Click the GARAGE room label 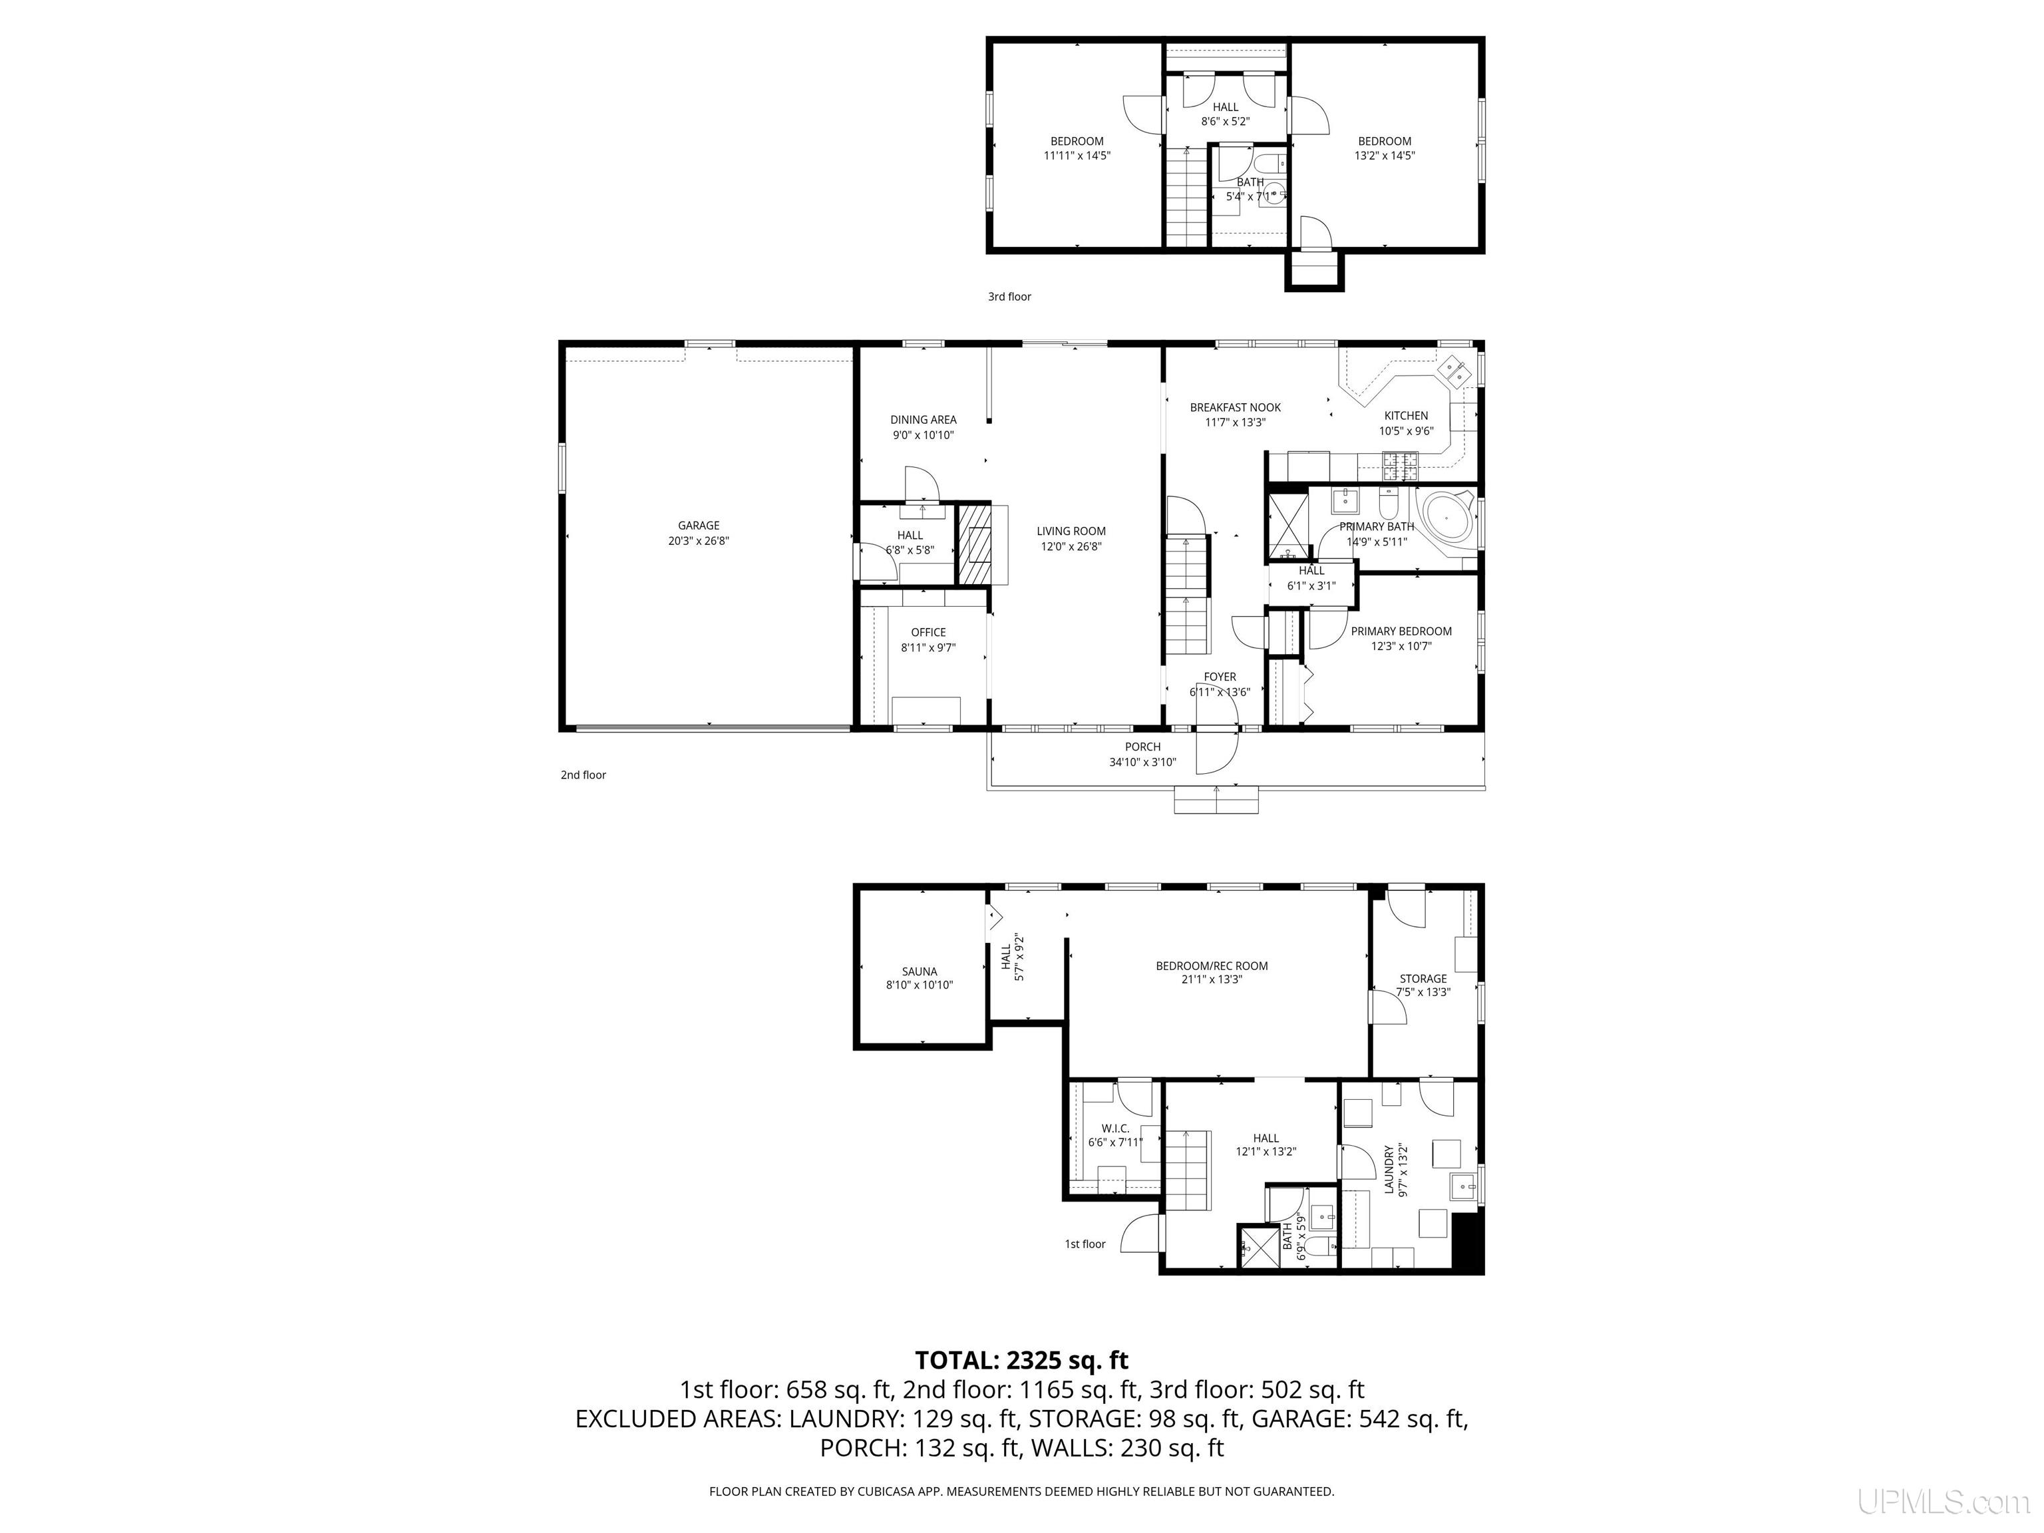[x=698, y=526]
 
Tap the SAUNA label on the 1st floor [x=920, y=971]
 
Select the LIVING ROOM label [x=1071, y=532]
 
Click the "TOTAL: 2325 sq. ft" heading [x=1021, y=1360]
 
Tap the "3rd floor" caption [x=1009, y=297]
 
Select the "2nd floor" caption [x=583, y=775]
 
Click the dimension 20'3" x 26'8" [x=699, y=540]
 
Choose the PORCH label [x=1143, y=747]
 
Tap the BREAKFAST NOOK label [x=1236, y=407]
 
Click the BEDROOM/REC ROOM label [x=1212, y=965]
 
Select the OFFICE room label [x=929, y=633]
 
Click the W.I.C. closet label [x=1115, y=1128]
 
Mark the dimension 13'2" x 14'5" [x=1384, y=156]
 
